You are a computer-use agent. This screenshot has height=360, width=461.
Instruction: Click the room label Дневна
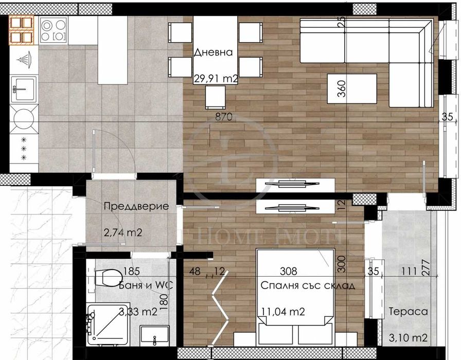pyautogui.click(x=214, y=52)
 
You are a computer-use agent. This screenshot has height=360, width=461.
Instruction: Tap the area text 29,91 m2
pyautogui.click(x=216, y=79)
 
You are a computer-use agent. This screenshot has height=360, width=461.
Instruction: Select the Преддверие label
pyautogui.click(x=136, y=207)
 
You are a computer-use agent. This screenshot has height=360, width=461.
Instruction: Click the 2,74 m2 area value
pyautogui.click(x=123, y=233)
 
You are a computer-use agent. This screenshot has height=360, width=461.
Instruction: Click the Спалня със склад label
pyautogui.click(x=307, y=285)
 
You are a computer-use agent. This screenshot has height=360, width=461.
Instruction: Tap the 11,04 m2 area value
pyautogui.click(x=283, y=311)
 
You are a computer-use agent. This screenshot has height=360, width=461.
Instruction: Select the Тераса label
pyautogui.click(x=408, y=311)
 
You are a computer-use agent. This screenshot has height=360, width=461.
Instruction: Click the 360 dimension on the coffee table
pyautogui.click(x=340, y=89)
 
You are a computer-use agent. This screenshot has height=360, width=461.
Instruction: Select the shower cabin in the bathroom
pyautogui.click(x=105, y=324)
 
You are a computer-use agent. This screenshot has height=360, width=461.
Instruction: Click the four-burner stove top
pyautogui.click(x=53, y=29)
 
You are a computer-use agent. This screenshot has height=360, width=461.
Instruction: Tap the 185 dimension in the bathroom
pyautogui.click(x=132, y=271)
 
